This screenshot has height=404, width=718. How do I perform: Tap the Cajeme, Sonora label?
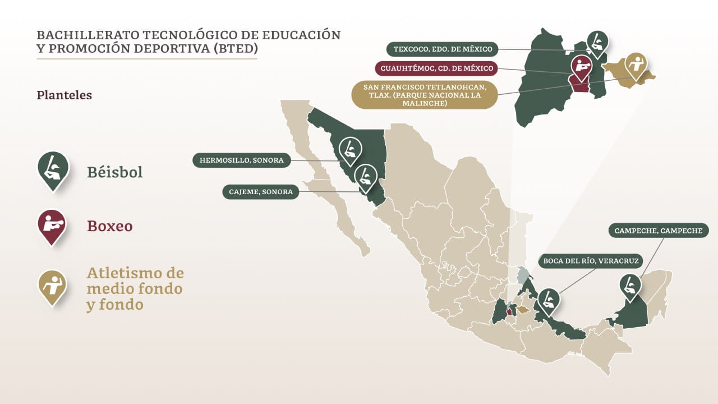click(x=261, y=191)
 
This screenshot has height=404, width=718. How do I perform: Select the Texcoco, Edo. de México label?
click(x=443, y=49)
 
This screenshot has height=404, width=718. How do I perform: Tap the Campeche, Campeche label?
click(x=658, y=231)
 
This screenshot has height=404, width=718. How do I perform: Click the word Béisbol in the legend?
click(x=114, y=172)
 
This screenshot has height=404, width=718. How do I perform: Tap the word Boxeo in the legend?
click(x=109, y=226)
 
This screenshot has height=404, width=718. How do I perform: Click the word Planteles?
click(x=64, y=95)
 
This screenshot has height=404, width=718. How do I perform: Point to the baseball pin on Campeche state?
click(x=630, y=286)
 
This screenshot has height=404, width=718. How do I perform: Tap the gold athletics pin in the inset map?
click(x=636, y=65)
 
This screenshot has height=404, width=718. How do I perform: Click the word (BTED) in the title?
click(x=236, y=48)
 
